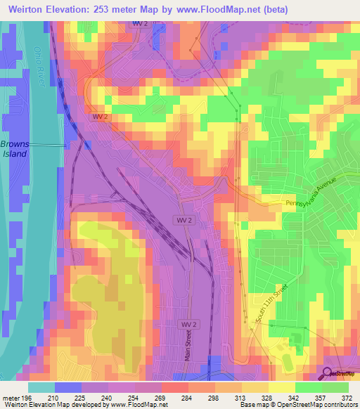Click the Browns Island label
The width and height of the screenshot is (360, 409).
(14, 148)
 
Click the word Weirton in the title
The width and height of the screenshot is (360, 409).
(27, 8)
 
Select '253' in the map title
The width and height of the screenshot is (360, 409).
(112, 8)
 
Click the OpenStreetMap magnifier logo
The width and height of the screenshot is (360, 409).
(328, 374)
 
